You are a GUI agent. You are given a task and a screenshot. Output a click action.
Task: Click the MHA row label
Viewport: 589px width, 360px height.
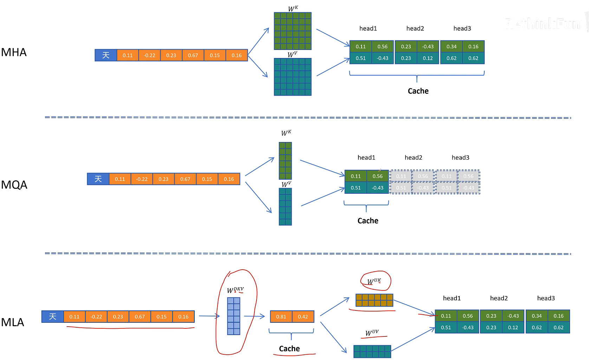point(14,52)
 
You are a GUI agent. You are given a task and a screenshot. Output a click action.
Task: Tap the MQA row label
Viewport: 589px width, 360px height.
point(14,185)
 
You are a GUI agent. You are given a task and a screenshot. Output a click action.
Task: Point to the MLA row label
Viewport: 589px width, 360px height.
point(13,322)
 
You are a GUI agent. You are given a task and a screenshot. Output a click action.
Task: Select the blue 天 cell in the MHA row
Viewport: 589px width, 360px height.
point(106,55)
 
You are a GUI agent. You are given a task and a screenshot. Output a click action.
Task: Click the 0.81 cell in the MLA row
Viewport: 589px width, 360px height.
point(281,317)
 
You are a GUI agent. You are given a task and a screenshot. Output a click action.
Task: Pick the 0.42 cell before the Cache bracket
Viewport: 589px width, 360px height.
point(303,317)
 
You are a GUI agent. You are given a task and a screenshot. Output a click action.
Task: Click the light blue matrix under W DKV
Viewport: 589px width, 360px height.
point(234,316)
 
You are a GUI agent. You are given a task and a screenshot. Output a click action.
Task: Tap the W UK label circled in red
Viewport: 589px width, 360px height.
point(374,281)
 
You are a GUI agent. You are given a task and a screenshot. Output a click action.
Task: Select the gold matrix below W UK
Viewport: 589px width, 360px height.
point(374,300)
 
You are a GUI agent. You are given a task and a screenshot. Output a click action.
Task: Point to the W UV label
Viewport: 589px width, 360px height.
point(372,333)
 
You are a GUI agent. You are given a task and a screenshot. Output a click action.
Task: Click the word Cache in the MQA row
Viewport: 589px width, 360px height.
point(368,221)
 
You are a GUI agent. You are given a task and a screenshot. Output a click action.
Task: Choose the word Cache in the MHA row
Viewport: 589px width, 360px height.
point(418,91)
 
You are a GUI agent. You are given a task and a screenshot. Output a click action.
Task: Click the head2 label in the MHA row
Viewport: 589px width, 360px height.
point(415,28)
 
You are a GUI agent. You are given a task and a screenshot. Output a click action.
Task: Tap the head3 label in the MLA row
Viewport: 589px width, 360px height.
point(546,298)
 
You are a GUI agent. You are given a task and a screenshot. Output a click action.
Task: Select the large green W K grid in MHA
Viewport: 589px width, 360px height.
point(293,31)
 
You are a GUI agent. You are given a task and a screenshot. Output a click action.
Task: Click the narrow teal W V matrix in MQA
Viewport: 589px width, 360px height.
point(285,207)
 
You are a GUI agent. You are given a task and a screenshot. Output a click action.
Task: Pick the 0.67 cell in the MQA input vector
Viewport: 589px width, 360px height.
point(185,179)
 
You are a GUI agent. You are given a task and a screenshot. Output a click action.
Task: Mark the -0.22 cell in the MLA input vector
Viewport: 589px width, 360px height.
point(96,317)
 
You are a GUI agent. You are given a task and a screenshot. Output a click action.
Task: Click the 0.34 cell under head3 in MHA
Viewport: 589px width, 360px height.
point(452,46)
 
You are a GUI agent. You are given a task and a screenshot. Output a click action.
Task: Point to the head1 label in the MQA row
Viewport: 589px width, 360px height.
point(366,157)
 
